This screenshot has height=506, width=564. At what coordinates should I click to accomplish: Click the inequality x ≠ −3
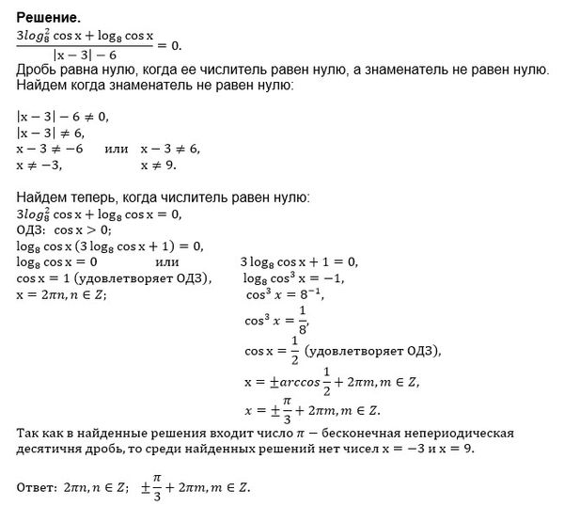[x=43, y=165]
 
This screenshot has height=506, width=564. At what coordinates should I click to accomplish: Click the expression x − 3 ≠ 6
[x=170, y=149]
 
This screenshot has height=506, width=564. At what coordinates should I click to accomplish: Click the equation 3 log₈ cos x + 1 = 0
[x=300, y=261]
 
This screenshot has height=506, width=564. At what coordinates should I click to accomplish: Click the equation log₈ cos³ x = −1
[x=294, y=277]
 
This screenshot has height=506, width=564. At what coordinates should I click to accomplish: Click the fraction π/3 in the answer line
[x=156, y=488]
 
